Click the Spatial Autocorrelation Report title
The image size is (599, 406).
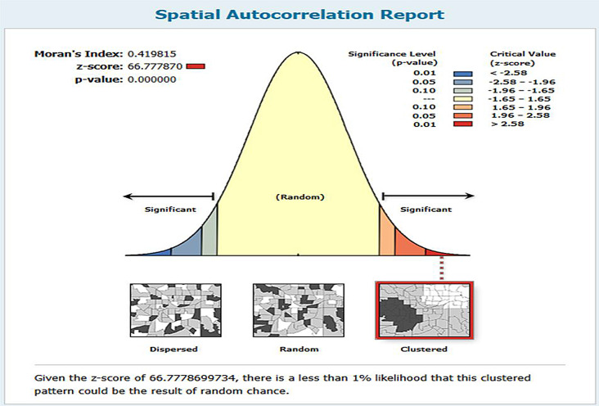click(299, 15)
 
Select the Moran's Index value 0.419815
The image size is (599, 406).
click(151, 54)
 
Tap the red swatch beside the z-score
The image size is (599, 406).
click(196, 66)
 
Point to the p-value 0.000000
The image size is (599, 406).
click(151, 79)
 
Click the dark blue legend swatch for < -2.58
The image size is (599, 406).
click(462, 74)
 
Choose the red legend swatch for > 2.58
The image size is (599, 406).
click(462, 124)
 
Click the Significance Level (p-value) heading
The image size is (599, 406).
click(392, 58)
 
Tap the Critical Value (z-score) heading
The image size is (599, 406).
click(523, 58)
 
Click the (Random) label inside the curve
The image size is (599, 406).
click(299, 197)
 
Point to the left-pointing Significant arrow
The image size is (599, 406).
click(169, 196)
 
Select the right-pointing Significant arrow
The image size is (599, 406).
click(428, 196)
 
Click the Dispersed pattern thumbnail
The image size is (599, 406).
click(176, 310)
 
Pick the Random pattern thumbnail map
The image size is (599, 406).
click(299, 310)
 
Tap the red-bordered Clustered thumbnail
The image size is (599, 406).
click(425, 310)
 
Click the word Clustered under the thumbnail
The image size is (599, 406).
click(424, 349)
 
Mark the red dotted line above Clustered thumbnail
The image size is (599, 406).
click(442, 268)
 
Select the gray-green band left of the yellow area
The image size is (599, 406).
click(209, 237)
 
